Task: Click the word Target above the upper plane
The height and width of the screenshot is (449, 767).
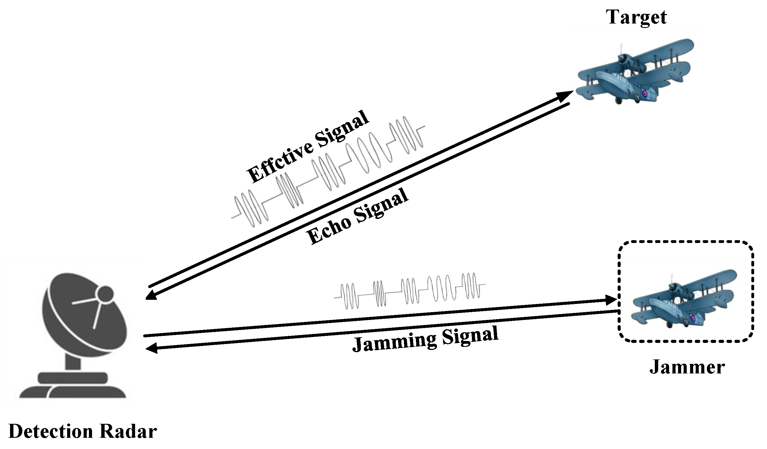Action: (636, 17)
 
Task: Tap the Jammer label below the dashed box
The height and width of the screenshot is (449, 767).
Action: (687, 367)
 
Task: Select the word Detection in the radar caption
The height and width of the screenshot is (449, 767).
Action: (51, 431)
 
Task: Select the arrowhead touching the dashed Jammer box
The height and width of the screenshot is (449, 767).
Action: (610, 300)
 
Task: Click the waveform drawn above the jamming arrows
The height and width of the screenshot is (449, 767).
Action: (409, 292)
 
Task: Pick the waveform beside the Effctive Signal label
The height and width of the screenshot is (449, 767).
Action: (329, 170)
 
